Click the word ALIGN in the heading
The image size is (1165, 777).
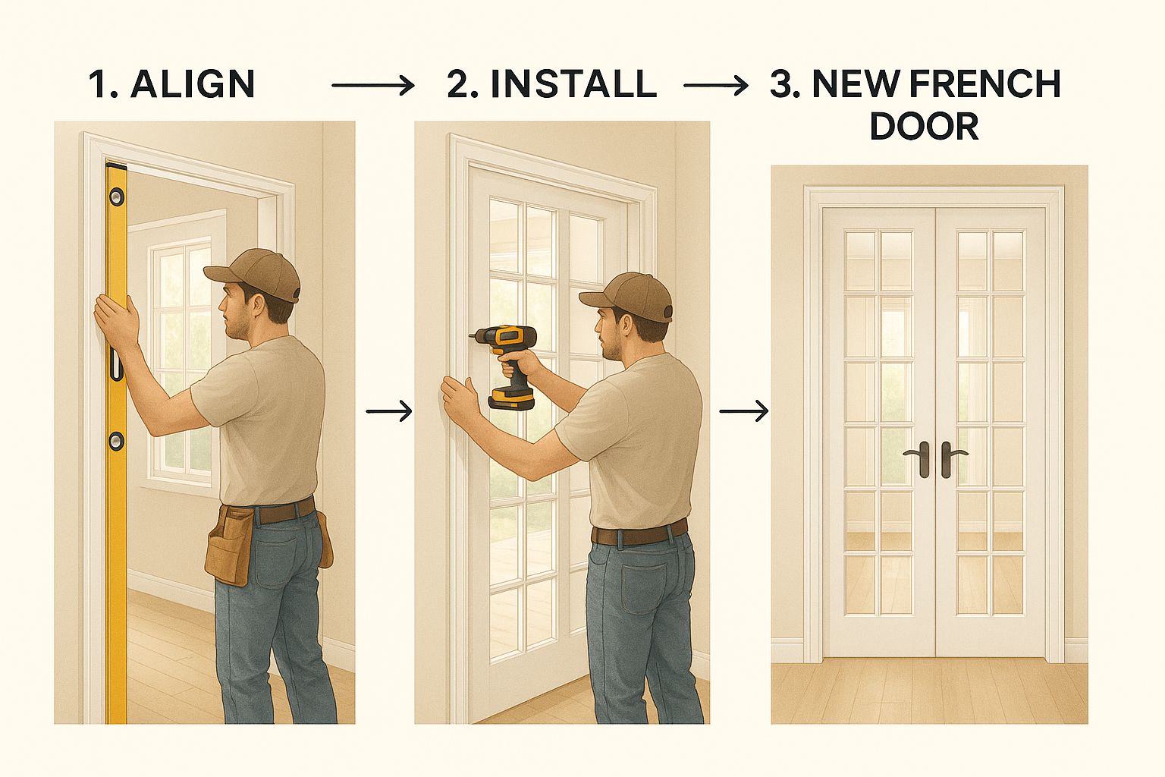(193, 84)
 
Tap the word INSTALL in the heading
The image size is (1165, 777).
(573, 84)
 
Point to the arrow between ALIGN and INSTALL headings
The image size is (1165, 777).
(373, 85)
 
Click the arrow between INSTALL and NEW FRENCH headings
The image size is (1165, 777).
(716, 85)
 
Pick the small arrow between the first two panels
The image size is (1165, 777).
(389, 411)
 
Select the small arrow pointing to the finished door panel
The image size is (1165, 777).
(744, 411)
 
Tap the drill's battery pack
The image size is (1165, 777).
(511, 398)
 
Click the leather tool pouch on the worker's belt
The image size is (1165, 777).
(229, 544)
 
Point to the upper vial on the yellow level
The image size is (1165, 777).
(117, 197)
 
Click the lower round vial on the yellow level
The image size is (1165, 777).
(117, 440)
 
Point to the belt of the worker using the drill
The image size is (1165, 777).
(639, 533)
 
